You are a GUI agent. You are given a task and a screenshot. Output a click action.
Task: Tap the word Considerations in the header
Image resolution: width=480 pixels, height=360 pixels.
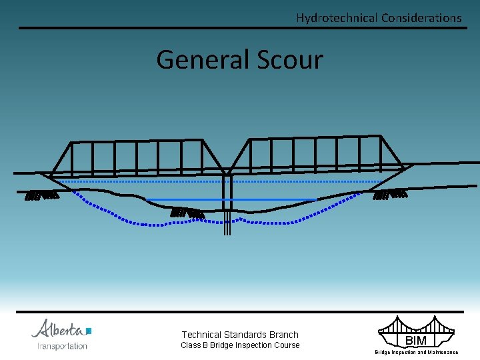pos(421,18)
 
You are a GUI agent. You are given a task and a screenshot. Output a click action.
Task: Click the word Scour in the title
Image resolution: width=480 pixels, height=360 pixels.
pos(289,60)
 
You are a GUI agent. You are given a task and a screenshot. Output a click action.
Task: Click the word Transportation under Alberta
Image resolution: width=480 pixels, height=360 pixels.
pos(62,346)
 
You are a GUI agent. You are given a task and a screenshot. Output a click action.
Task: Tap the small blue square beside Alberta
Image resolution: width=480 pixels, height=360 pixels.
pos(88,331)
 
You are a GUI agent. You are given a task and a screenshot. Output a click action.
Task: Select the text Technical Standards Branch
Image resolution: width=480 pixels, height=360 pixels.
pos(240,335)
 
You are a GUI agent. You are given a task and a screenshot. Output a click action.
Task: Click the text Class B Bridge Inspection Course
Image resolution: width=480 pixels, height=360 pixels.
pos(240,345)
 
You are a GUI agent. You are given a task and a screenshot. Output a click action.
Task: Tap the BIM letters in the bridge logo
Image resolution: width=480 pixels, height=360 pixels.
pos(416,341)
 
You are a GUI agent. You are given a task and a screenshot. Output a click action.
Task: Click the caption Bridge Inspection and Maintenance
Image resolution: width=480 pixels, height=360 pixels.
pos(416,352)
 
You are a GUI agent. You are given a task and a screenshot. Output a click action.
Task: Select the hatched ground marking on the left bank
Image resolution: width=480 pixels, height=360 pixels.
pos(41,195)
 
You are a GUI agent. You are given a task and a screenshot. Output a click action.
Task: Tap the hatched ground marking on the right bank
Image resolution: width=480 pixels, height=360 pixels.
pos(390,195)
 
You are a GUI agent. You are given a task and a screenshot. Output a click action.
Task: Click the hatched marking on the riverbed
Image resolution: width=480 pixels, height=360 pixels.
pos(187,213)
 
